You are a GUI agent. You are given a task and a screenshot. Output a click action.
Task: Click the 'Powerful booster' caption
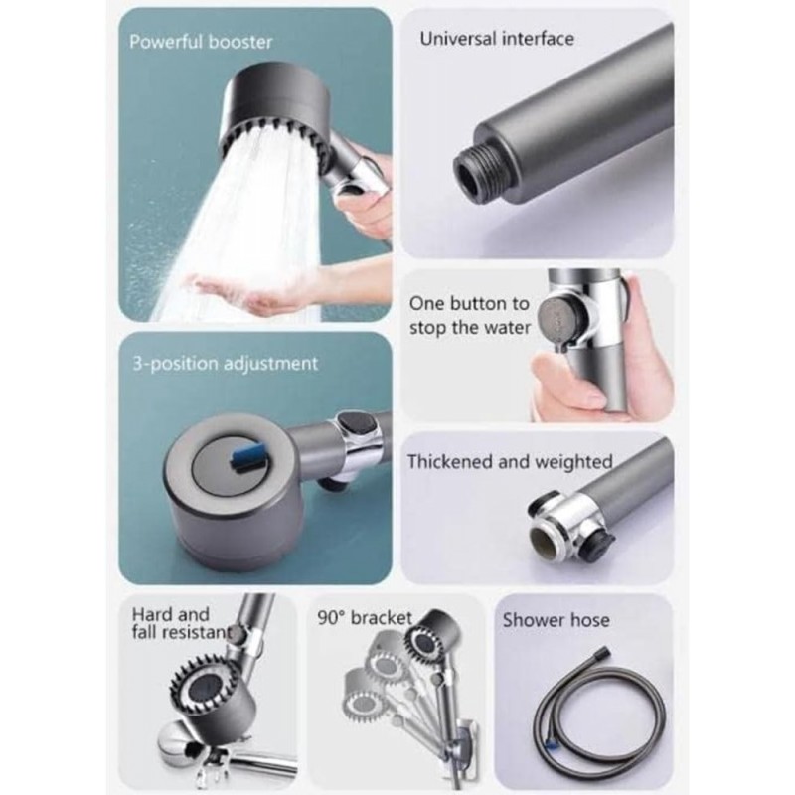tap(200, 42)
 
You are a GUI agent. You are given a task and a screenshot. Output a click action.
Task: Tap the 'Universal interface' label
tap(497, 40)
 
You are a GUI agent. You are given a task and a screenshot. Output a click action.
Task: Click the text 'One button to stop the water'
tap(470, 315)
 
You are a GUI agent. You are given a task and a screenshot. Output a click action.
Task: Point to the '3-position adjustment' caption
tap(224, 363)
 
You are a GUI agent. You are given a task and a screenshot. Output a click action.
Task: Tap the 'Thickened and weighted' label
tap(510, 462)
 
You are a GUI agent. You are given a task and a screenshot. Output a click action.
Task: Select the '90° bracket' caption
tap(364, 618)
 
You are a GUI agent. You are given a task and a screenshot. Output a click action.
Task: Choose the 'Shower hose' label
tap(556, 620)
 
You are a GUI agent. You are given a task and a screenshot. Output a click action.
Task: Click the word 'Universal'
tap(456, 40)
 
